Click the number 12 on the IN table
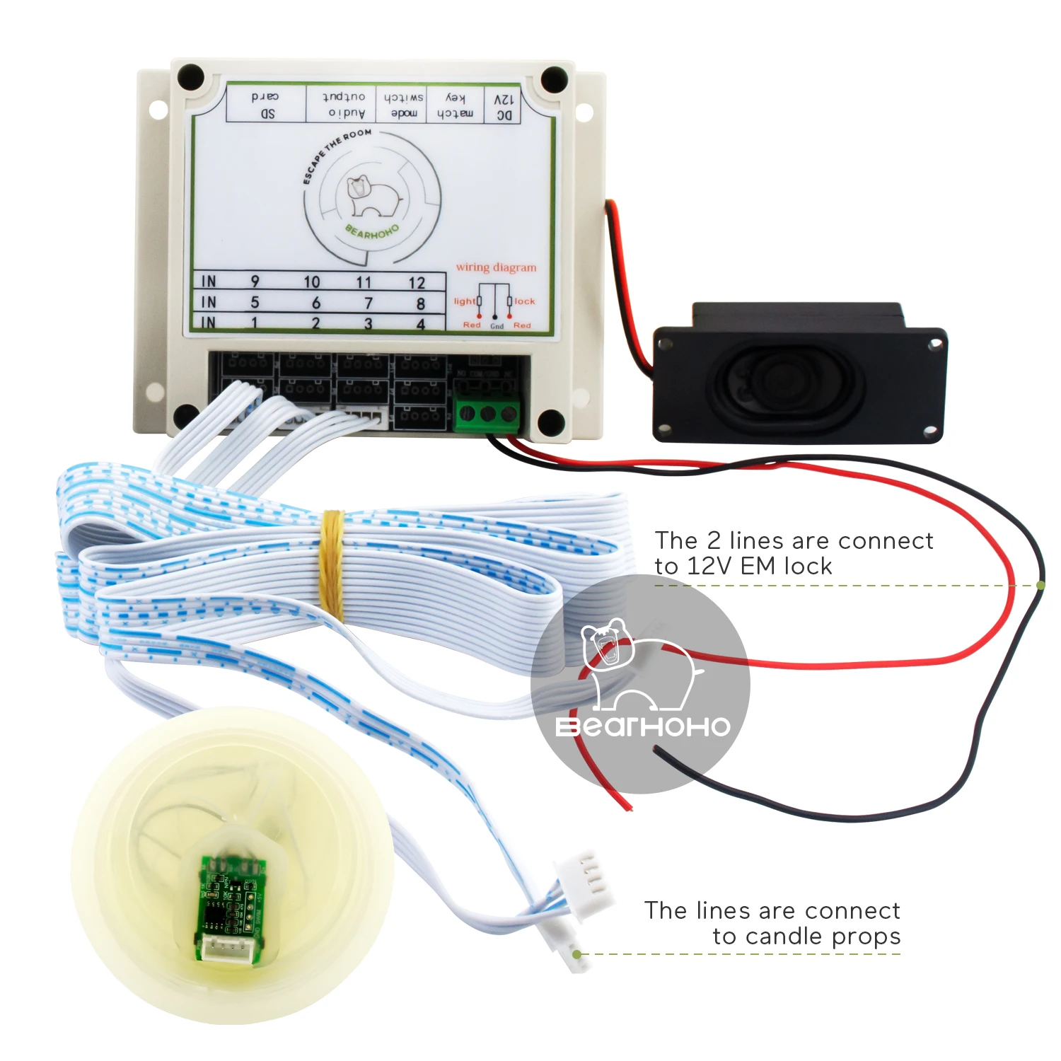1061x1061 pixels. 417,283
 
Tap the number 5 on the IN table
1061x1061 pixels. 255,303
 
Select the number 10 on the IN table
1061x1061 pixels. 312,282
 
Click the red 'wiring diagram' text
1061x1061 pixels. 496,267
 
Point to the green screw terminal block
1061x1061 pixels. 488,414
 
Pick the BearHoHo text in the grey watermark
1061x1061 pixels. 642,726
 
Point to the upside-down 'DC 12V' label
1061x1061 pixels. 504,107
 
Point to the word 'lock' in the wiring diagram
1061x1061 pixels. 525,301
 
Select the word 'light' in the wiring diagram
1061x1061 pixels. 465,301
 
